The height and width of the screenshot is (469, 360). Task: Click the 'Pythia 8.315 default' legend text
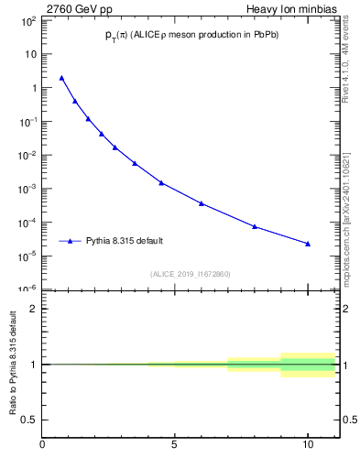125,241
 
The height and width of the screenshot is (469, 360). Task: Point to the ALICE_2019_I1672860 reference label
191,274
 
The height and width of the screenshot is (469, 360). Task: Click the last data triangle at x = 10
308,244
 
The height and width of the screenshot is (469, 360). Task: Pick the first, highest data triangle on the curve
61,78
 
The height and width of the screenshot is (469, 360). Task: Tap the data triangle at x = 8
255,226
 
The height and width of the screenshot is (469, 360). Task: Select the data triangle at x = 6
202,203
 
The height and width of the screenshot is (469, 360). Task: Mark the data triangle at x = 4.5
161,182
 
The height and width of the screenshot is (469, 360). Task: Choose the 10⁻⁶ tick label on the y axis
28,289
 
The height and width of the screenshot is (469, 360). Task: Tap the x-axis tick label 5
175,446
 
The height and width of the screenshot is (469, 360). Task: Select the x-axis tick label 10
308,446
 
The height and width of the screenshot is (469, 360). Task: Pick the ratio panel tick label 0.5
29,420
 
